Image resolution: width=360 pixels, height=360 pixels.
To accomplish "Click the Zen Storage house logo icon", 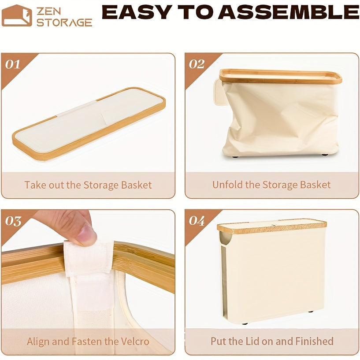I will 17,15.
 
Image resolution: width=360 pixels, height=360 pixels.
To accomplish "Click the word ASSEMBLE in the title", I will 289,13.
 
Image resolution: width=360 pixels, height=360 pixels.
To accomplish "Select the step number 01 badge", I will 13,64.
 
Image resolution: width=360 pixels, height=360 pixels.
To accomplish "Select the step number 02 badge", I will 197,64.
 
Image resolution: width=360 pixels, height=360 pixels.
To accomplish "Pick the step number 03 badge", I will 13,221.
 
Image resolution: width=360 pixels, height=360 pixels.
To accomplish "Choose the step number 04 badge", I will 197,221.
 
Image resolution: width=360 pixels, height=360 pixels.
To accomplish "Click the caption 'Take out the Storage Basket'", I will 88,185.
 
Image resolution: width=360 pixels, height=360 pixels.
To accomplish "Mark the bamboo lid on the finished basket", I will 272,226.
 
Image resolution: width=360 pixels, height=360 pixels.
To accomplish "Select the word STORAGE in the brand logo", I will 64,22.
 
